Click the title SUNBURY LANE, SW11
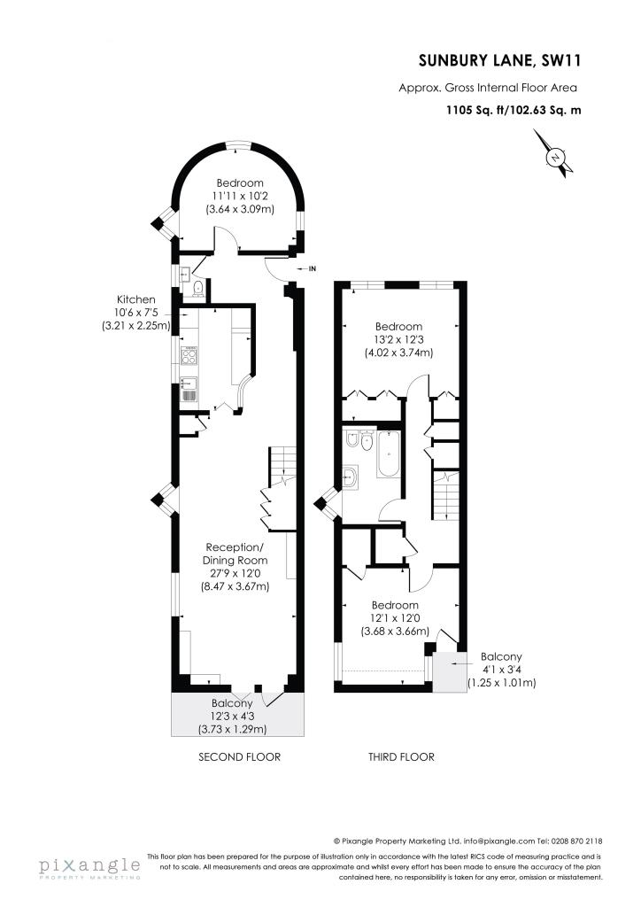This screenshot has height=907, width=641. [x=499, y=61]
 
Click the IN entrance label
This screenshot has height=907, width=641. [x=313, y=269]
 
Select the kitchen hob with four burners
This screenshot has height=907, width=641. [x=189, y=355]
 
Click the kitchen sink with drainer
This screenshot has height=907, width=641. [x=189, y=389]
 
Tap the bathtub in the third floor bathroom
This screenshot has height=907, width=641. [x=389, y=454]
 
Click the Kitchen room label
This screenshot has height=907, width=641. [x=136, y=299]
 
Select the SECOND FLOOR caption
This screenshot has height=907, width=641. [x=239, y=757]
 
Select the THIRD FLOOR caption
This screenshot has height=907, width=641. [x=401, y=757]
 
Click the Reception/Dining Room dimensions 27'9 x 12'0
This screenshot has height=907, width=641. [x=236, y=573]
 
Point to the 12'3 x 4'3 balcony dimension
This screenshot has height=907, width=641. [x=232, y=716]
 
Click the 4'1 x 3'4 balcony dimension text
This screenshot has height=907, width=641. [x=501, y=670]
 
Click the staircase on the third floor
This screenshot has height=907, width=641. [x=445, y=495]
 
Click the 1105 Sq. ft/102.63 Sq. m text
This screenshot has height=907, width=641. [x=514, y=109]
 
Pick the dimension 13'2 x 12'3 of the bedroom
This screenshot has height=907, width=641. [x=398, y=339]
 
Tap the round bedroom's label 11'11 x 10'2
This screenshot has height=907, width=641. [x=240, y=196]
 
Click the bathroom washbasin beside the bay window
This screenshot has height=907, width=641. [x=351, y=477]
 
